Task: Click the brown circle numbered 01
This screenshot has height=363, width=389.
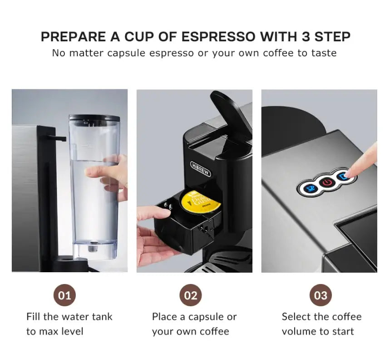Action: click(x=65, y=296)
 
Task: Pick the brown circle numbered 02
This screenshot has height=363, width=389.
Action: click(x=191, y=296)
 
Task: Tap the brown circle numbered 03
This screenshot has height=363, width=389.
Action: click(x=321, y=296)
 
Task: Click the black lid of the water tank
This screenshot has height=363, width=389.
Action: click(x=94, y=118)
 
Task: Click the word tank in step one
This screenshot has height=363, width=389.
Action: click(x=102, y=316)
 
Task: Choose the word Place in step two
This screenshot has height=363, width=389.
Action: click(x=164, y=316)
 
